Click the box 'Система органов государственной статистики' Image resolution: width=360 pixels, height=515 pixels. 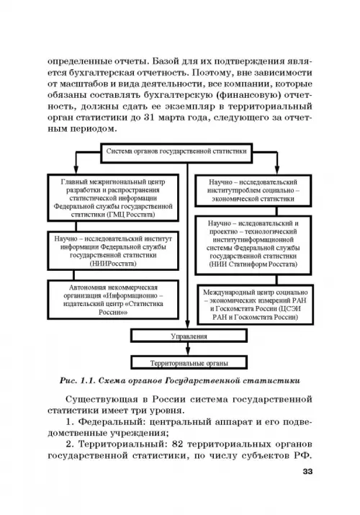176,153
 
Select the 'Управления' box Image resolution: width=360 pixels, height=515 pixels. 189,336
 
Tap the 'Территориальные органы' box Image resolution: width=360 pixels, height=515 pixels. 189,362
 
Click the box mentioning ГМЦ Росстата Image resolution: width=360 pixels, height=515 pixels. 113,198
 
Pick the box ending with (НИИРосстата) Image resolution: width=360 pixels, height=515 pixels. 113,251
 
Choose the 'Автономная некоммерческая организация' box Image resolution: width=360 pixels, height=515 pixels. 113,300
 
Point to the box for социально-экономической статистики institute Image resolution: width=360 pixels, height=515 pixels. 253,190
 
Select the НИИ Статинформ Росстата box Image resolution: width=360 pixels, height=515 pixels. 253,245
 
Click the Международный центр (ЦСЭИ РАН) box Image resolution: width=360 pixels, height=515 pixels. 256,305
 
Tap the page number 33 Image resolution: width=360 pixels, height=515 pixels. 307,471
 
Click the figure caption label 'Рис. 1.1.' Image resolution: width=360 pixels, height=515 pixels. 78,380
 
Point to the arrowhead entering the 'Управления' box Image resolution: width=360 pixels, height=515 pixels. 188,324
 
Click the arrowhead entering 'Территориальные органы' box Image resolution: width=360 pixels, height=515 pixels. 188,351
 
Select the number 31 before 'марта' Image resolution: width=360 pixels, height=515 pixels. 148,117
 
